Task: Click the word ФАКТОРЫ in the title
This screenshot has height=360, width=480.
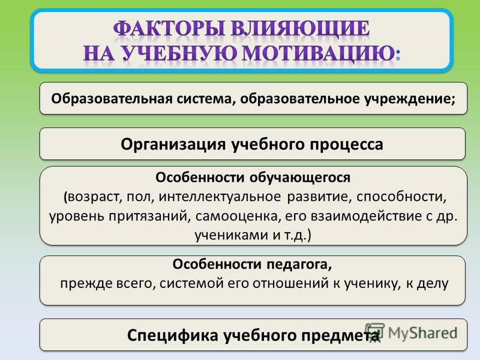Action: click(x=169, y=29)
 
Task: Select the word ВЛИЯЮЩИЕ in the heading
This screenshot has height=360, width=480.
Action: click(x=301, y=29)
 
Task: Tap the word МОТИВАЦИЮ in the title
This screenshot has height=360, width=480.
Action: click(x=318, y=54)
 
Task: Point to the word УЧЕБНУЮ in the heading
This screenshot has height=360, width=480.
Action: click(x=178, y=54)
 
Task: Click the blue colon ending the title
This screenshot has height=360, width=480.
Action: click(x=398, y=56)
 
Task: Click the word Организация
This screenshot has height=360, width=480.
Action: click(x=173, y=145)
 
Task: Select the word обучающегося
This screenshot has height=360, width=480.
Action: click(x=300, y=178)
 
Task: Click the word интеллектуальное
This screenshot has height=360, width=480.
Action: click(x=220, y=197)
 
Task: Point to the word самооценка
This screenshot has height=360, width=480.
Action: click(x=238, y=216)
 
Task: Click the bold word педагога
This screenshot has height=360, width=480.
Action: click(x=299, y=265)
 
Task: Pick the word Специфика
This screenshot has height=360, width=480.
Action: click(x=173, y=335)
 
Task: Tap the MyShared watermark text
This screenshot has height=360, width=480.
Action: click(x=422, y=332)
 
